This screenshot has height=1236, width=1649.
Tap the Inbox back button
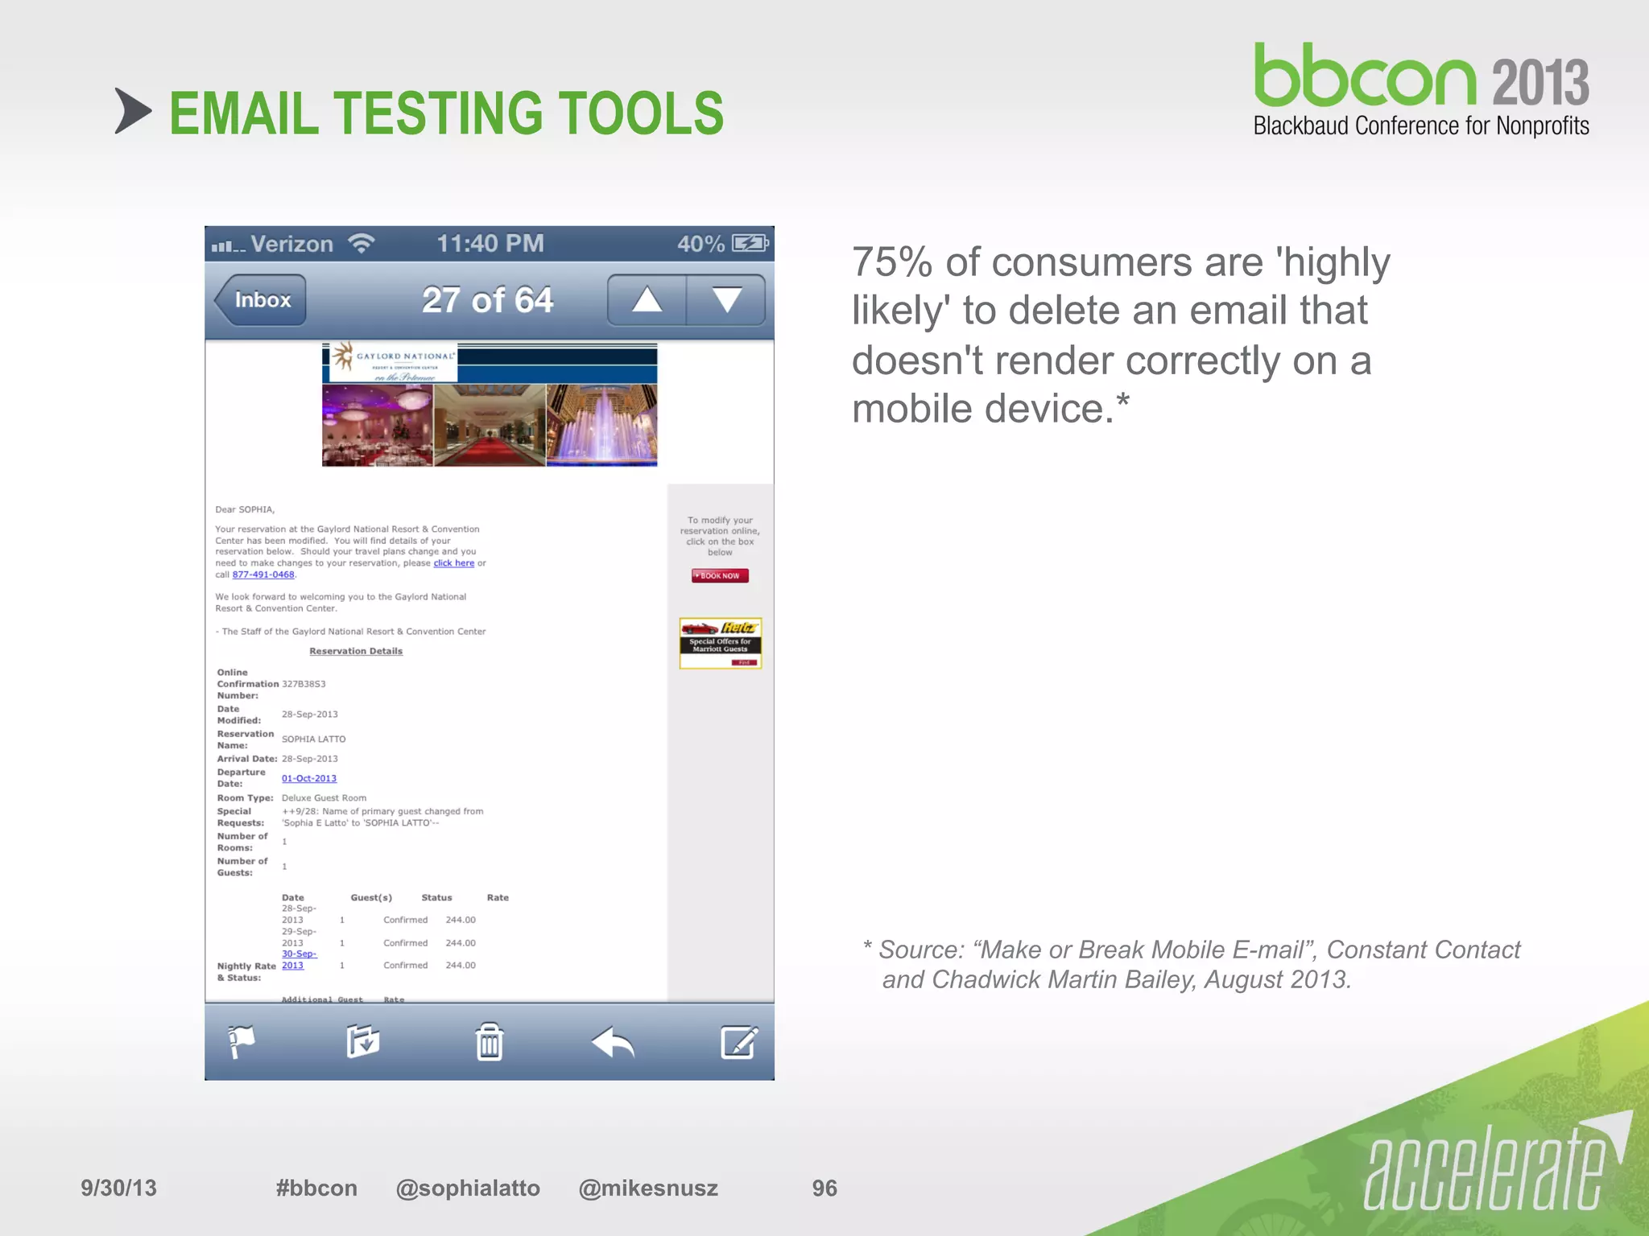coord(261,300)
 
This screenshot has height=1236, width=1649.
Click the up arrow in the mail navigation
coord(647,300)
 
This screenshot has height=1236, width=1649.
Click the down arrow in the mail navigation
coord(726,300)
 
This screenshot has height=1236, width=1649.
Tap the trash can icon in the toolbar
coord(489,1042)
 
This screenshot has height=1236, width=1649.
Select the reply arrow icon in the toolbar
coord(614,1043)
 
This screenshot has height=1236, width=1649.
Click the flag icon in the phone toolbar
coord(241,1042)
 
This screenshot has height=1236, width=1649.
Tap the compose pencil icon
coord(738,1042)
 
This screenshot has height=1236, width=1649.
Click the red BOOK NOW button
coord(720,575)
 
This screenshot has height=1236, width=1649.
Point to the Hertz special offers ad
coord(720,643)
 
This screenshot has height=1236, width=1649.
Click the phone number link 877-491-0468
coord(263,575)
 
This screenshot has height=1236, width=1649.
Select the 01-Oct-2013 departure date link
coord(309,778)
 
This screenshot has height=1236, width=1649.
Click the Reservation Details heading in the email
coord(356,651)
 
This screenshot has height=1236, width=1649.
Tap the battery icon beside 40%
coord(750,243)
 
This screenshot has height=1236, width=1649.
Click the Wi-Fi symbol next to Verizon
coord(362,243)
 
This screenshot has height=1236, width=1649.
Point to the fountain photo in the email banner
coord(601,425)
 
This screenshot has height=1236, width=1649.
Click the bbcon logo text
coord(1366,78)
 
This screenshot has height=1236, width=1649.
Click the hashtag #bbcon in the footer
coord(316,1188)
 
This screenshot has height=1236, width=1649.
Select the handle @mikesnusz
coord(648,1188)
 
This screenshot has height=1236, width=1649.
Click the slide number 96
coord(824,1188)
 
